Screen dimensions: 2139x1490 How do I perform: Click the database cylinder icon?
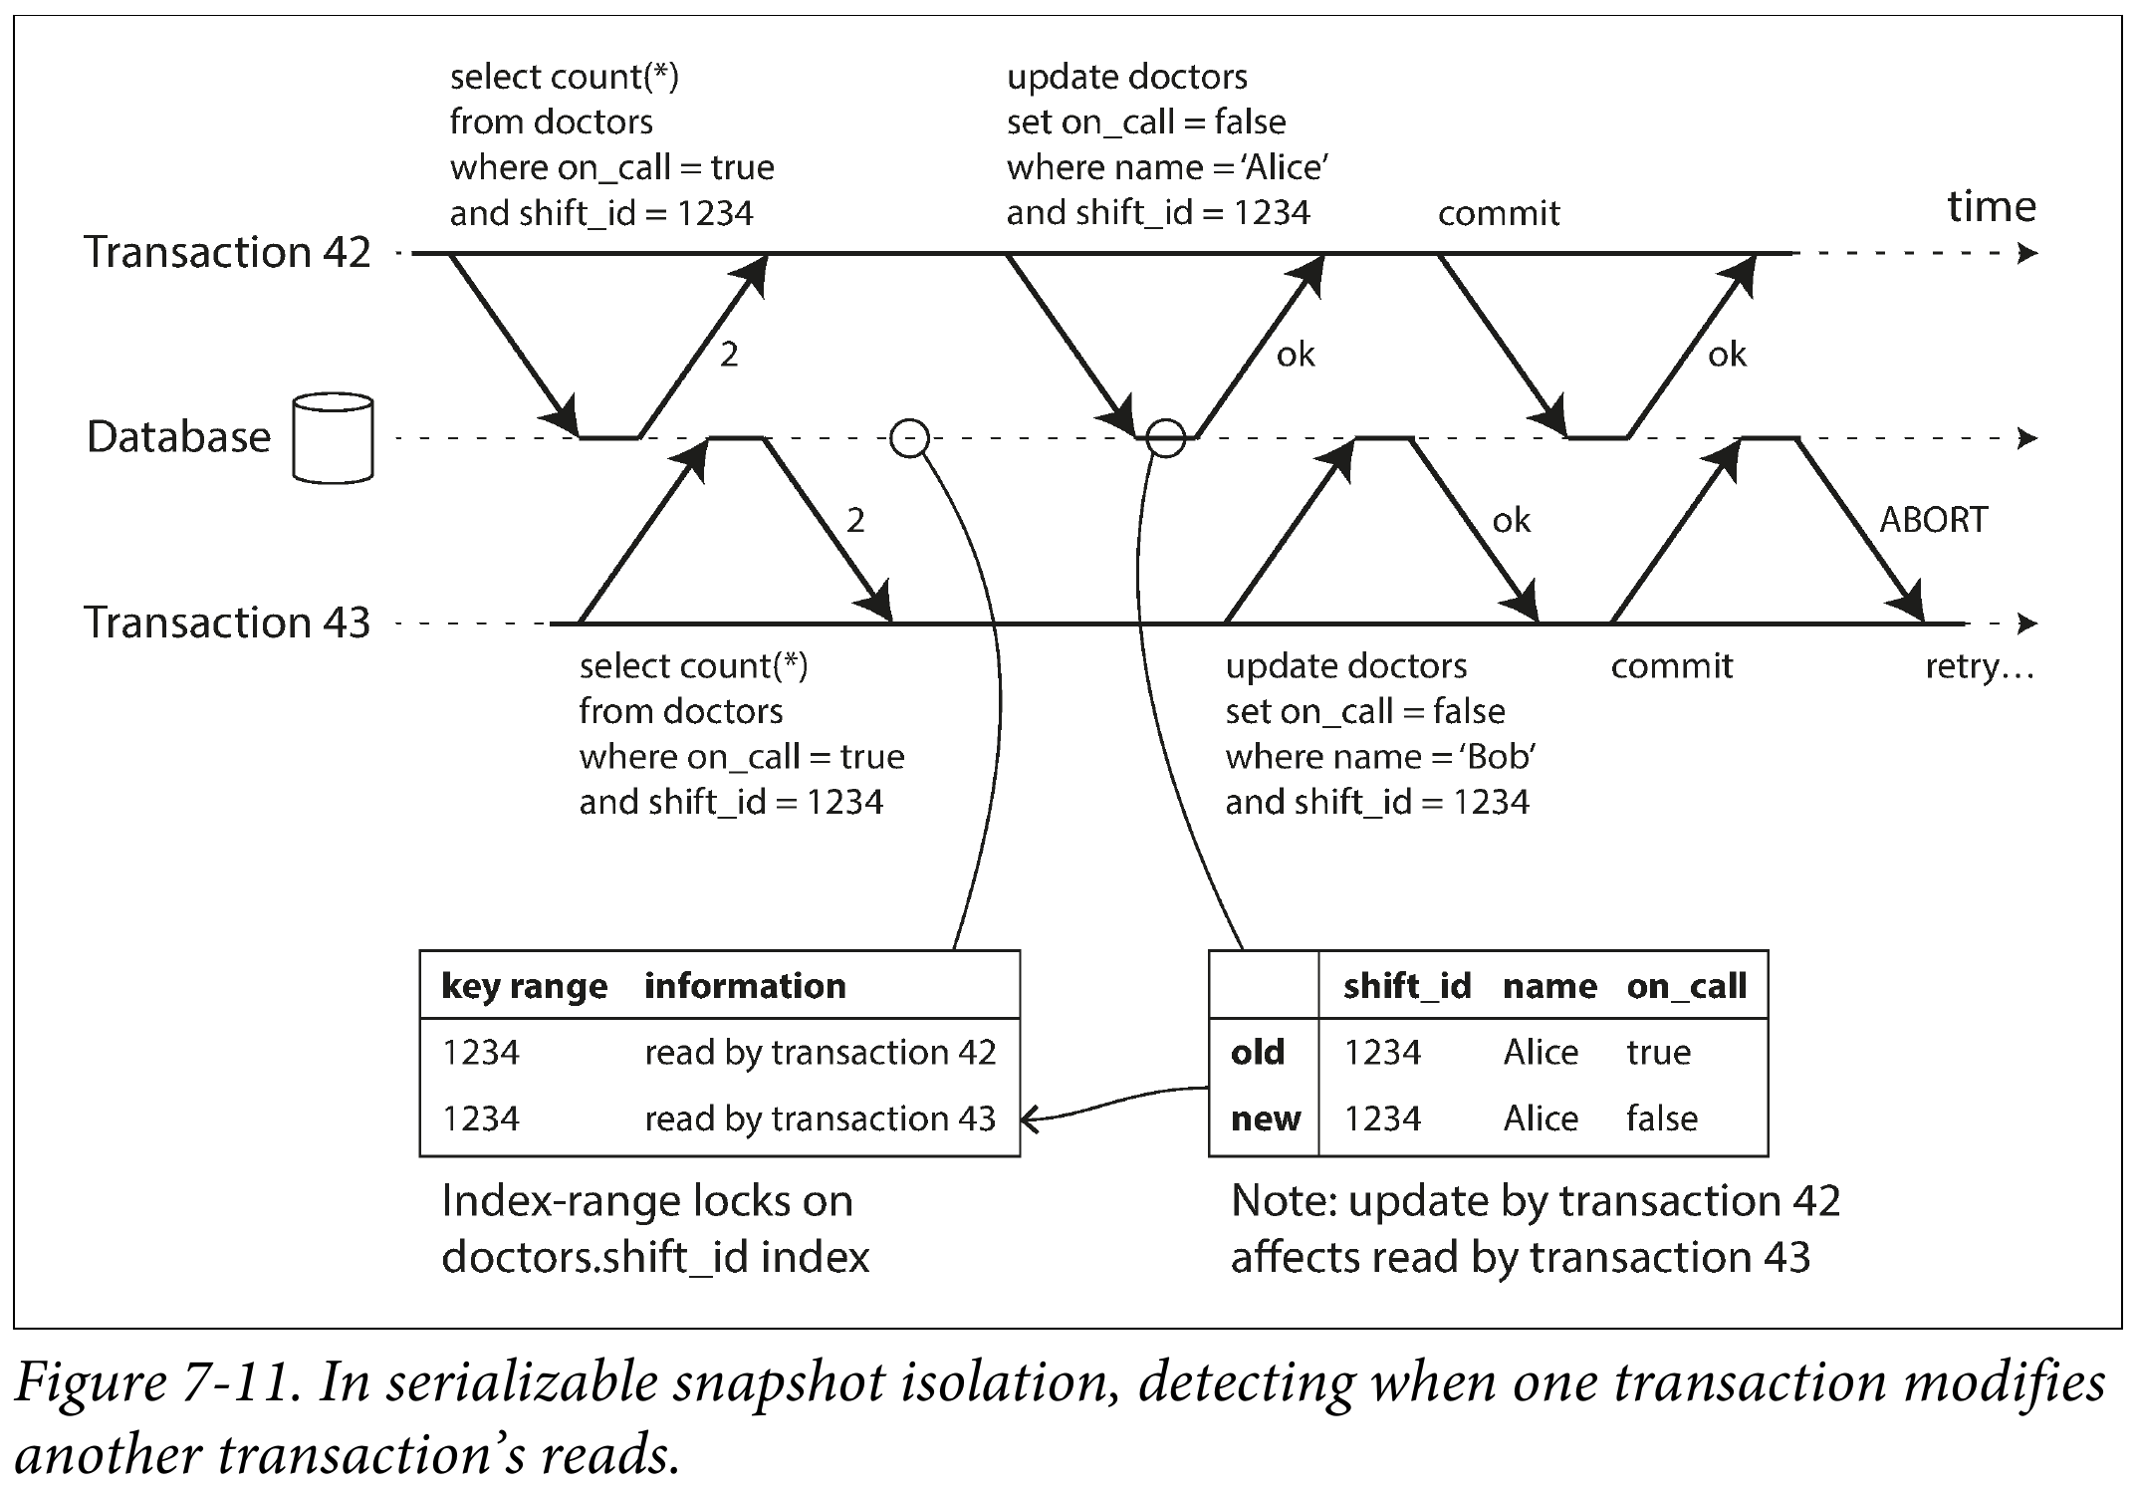click(333, 438)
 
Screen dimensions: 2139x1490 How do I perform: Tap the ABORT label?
click(1933, 520)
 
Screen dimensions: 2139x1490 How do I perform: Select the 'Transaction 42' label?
click(227, 252)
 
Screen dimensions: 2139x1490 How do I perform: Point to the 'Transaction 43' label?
click(227, 622)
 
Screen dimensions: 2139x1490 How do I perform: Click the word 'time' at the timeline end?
click(1992, 206)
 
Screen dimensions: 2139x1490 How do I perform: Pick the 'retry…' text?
click(1980, 666)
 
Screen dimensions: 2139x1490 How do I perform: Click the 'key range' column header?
click(524, 986)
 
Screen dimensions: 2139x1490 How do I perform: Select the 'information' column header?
click(745, 986)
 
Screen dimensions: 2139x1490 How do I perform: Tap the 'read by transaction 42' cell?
click(821, 1053)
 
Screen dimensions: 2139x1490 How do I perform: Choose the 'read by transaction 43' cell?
click(821, 1119)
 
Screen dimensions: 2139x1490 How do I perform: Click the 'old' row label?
click(1258, 1053)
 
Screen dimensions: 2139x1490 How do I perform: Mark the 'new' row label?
click(1266, 1119)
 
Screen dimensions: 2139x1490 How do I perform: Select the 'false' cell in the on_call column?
click(1662, 1118)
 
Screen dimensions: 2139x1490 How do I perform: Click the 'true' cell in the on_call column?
click(1659, 1053)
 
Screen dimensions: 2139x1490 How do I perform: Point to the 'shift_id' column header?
click(1407, 986)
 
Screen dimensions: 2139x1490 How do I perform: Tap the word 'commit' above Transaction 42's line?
click(1499, 213)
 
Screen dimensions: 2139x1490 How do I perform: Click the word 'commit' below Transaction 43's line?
click(1672, 666)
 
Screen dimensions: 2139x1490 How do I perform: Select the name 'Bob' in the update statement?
click(1498, 757)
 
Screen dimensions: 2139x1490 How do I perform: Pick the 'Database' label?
click(179, 437)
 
